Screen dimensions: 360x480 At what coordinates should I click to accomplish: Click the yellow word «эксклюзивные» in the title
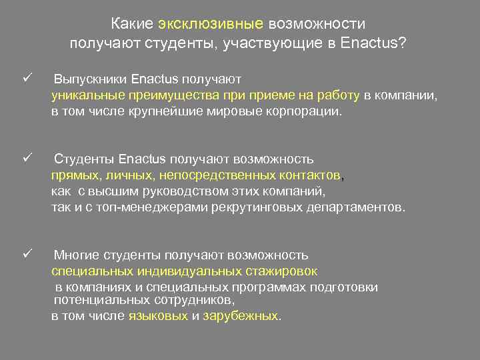click(x=211, y=25)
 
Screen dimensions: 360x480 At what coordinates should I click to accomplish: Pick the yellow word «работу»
click(x=337, y=96)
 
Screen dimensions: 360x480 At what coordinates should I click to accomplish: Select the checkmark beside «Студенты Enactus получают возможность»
click(x=27, y=159)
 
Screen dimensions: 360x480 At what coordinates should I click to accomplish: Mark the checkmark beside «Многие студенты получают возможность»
click(x=27, y=254)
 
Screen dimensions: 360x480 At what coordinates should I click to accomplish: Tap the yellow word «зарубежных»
click(x=241, y=316)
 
